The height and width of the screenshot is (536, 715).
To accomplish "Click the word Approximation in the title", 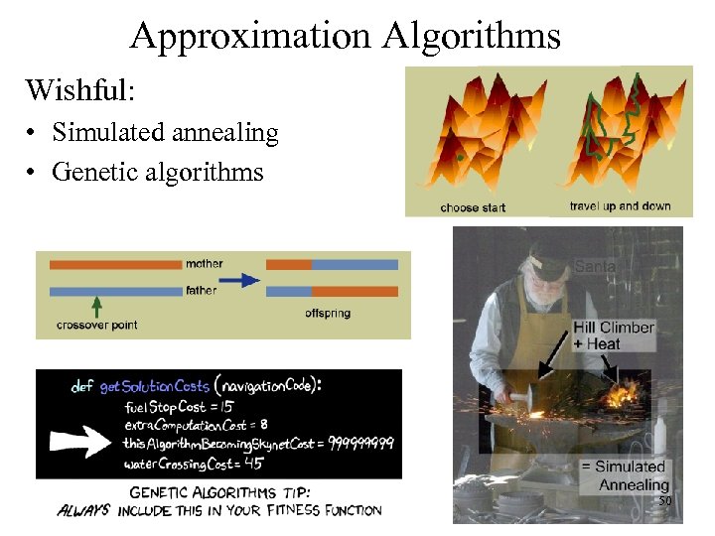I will click(x=249, y=37).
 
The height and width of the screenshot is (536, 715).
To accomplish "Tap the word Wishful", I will click(x=79, y=90).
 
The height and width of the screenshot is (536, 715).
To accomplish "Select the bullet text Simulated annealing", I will click(x=165, y=132).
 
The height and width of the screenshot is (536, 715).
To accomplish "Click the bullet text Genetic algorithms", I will click(x=158, y=172).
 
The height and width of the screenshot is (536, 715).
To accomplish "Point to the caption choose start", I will click(x=473, y=207).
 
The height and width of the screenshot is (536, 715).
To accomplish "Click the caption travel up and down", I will click(x=620, y=206).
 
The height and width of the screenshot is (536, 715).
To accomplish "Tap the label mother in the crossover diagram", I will click(x=204, y=264).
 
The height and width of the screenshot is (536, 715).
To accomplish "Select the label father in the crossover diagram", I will click(x=202, y=291).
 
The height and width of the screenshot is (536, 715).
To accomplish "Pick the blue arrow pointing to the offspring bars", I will click(x=239, y=280).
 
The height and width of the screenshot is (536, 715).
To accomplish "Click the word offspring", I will click(x=329, y=315).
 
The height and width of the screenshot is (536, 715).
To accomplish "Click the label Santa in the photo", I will click(x=595, y=266).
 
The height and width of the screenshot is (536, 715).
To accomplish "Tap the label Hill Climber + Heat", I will click(x=613, y=335).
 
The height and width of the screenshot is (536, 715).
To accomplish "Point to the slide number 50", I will click(x=665, y=502).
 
